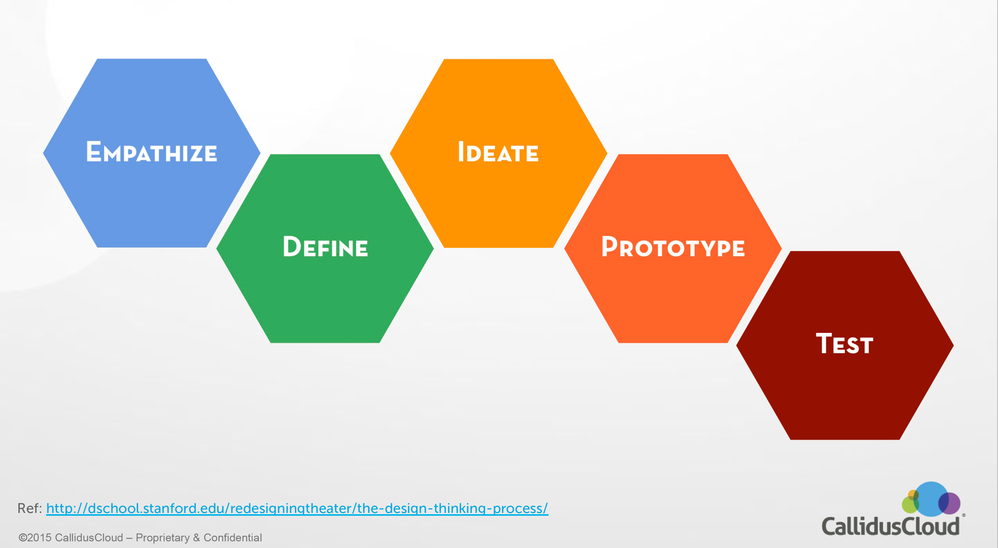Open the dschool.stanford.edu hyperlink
click(x=297, y=508)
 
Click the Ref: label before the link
click(x=29, y=508)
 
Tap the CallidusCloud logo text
click(x=890, y=527)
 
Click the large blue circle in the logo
click(x=930, y=496)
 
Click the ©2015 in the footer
click(x=35, y=538)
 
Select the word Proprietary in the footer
click(x=163, y=538)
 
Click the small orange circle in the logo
click(x=913, y=495)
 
